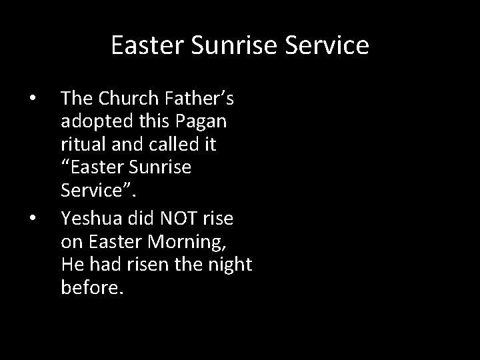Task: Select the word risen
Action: [x=154, y=263]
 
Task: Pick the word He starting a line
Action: [x=71, y=263]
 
